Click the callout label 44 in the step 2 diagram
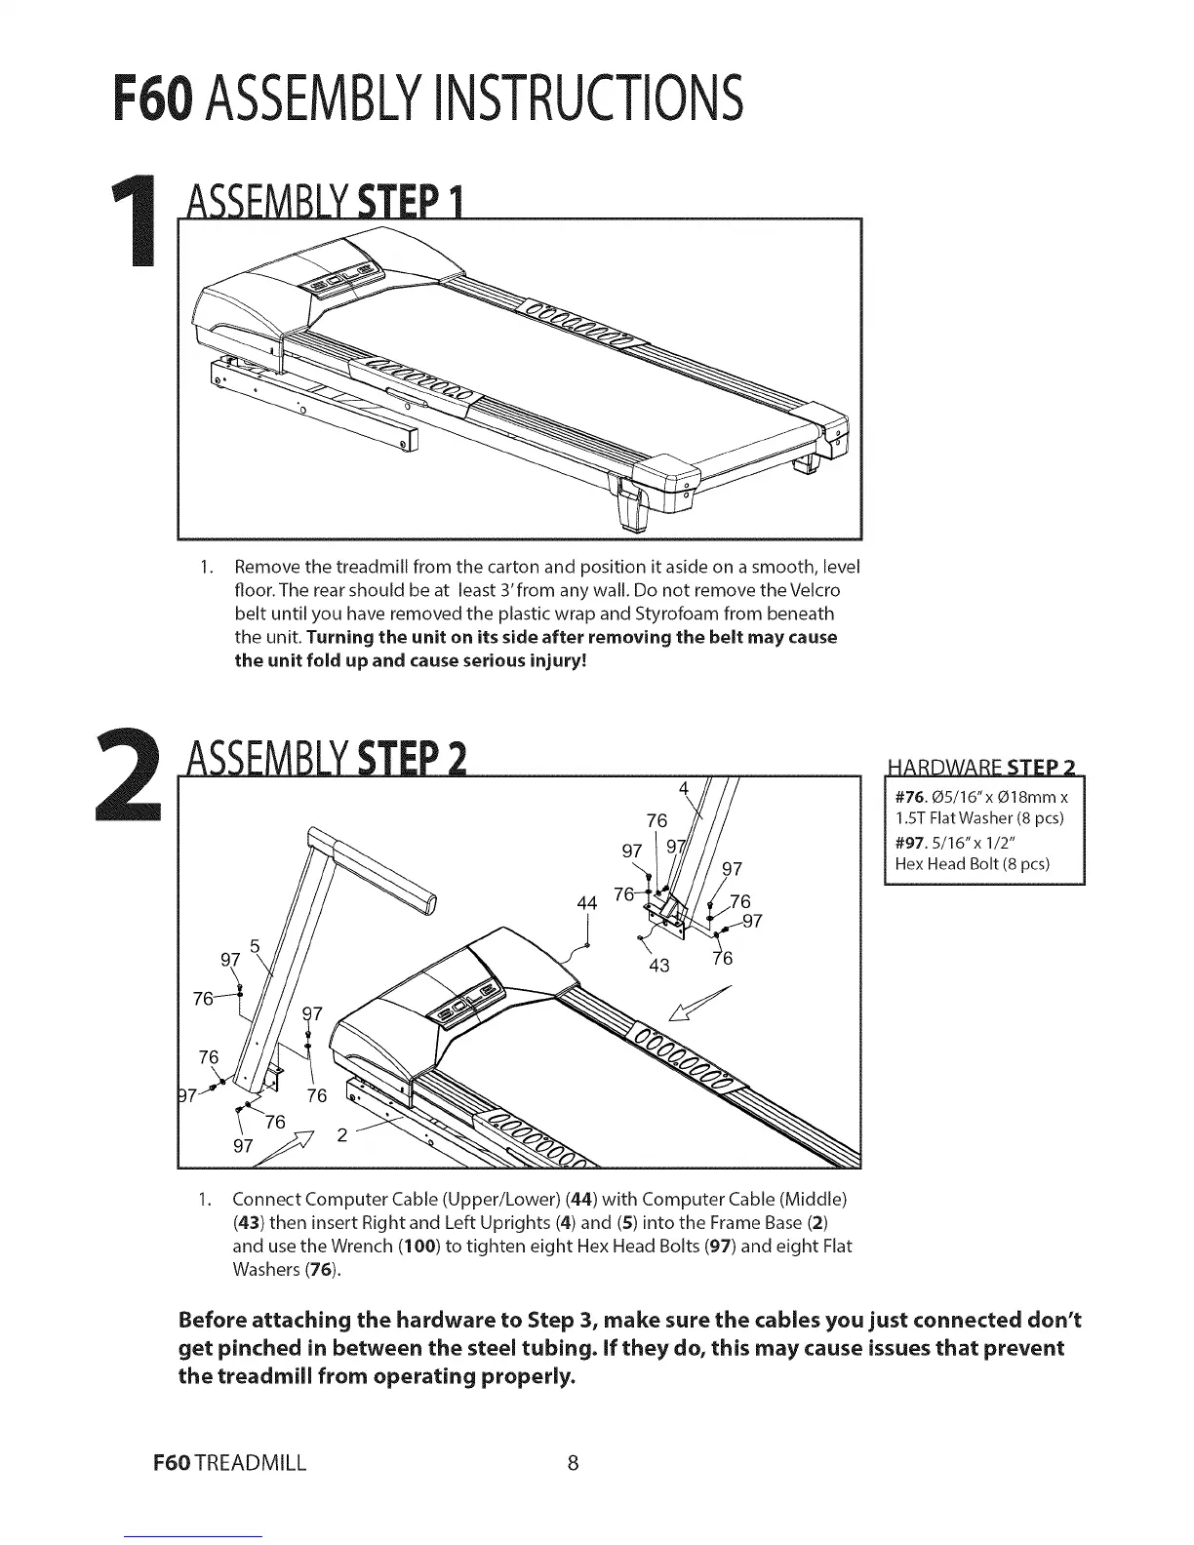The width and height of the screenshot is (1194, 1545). point(587,903)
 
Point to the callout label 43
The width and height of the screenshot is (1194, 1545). point(659,967)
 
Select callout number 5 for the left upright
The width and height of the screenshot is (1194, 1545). point(255,944)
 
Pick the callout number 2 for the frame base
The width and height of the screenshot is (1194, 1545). point(341,1134)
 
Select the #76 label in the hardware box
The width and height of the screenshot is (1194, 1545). point(910,798)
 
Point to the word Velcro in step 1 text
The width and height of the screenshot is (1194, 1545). point(814,590)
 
